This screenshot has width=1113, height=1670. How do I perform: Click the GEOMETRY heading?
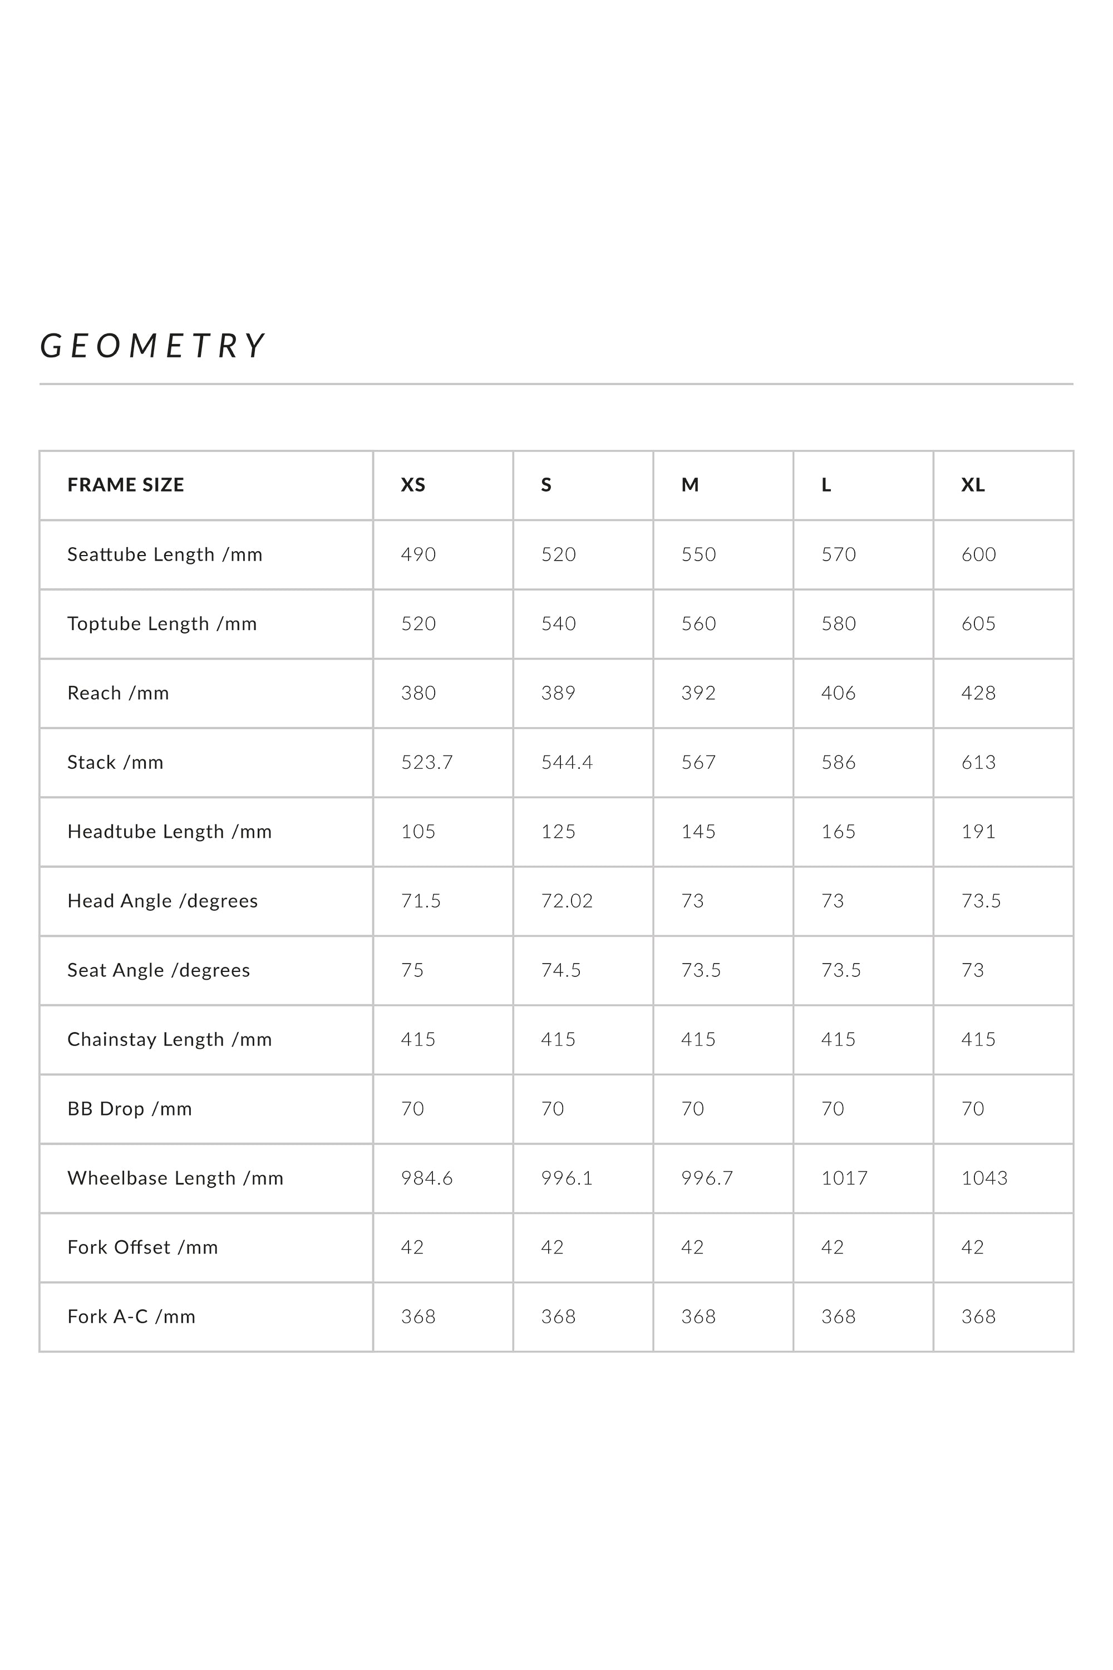152,346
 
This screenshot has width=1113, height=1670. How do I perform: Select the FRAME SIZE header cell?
126,485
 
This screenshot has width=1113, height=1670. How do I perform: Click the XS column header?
413,485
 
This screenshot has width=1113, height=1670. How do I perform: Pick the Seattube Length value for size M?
698,554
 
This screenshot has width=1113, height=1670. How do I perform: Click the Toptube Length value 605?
978,623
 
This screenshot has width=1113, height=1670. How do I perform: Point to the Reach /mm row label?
119,693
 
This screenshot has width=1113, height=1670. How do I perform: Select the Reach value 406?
838,693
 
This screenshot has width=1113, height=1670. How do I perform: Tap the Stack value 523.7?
427,763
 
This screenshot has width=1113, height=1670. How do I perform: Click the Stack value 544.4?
567,763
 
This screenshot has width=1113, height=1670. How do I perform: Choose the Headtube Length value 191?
978,832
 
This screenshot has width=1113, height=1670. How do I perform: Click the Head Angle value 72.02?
567,901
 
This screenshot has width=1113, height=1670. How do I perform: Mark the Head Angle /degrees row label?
162,901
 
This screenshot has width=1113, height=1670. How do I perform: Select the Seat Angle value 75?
412,970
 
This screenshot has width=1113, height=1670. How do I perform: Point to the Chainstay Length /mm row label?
170,1039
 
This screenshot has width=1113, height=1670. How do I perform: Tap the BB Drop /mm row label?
130,1109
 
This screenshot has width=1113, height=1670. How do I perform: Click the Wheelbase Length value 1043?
984,1178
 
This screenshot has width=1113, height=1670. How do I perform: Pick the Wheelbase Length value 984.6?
427,1178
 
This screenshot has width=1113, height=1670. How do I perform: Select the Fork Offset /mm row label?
142,1247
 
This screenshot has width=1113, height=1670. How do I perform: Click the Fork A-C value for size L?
838,1317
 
